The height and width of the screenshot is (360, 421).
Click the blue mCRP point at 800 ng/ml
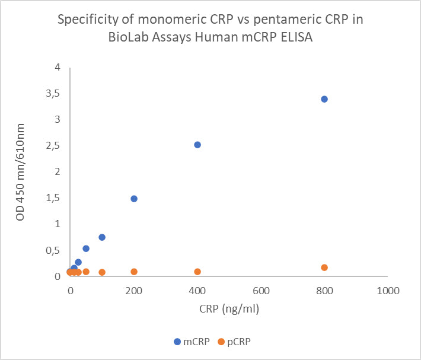click(324, 99)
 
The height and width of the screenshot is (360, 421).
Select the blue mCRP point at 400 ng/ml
click(197, 145)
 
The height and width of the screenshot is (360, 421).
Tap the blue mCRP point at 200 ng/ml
click(134, 199)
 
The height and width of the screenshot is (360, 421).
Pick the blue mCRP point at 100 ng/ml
click(102, 237)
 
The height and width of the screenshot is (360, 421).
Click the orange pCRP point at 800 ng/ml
click(324, 267)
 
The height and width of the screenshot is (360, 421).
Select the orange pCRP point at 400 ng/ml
click(197, 272)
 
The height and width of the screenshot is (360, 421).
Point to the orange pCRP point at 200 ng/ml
click(134, 272)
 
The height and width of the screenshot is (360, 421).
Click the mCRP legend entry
click(192, 342)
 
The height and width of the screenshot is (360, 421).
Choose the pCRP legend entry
click(234, 342)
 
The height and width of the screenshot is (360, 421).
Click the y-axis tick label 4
click(58, 68)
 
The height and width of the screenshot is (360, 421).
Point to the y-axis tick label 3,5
click(54, 94)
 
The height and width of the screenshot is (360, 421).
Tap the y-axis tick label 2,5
click(54, 146)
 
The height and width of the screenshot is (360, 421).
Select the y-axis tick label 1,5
click(54, 198)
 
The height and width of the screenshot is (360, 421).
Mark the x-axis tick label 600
click(261, 291)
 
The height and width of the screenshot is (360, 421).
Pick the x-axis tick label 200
click(134, 291)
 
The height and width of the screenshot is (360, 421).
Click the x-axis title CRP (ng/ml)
click(229, 310)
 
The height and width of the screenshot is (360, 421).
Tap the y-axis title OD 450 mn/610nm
click(21, 172)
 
